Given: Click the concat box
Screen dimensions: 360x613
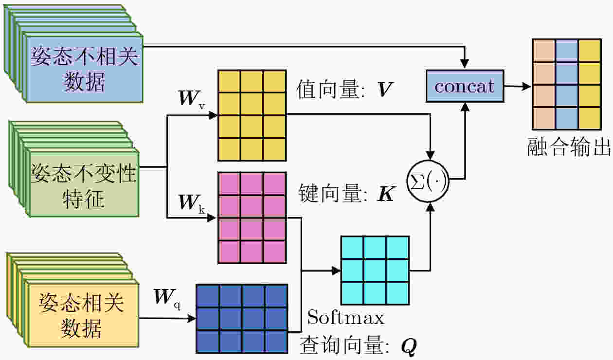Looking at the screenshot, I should click(465, 86).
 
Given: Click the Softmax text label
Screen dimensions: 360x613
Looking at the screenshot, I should click(346, 318).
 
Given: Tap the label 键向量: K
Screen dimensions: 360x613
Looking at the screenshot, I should click(345, 194).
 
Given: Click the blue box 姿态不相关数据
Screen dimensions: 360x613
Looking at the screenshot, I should click(85, 68).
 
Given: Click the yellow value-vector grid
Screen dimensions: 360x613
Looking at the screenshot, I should click(252, 115).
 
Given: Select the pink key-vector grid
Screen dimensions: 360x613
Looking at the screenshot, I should click(252, 217).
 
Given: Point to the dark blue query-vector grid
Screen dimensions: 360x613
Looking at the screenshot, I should click(241, 319).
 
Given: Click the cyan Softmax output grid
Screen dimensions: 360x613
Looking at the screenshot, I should click(375, 270).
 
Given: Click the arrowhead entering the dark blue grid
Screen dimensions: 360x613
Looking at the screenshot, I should click(192, 319).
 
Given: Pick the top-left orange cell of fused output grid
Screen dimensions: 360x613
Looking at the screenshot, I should click(543, 50).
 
